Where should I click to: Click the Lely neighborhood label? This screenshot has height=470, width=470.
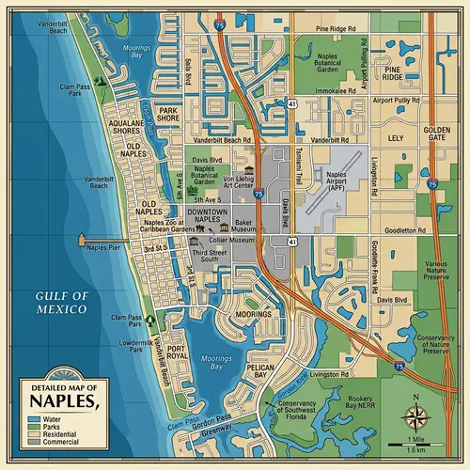point(395,137)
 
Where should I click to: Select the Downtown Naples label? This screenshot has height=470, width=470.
point(208,215)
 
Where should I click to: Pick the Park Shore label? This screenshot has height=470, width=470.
point(168,115)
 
